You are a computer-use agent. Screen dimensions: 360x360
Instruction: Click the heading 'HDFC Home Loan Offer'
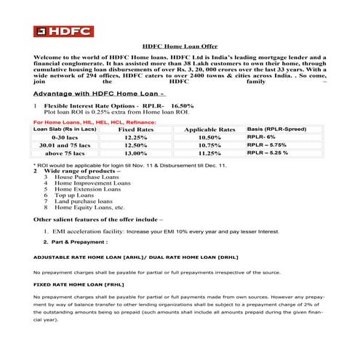click(179, 45)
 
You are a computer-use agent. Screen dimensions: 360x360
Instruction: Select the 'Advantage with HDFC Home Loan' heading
click(101, 94)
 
